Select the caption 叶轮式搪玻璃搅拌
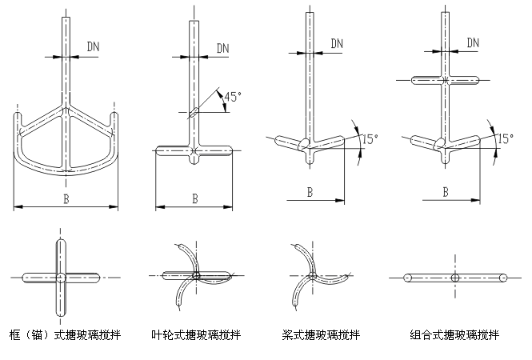point(196,334)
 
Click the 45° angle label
point(232,97)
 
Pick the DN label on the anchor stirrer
point(94,47)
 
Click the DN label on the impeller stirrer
point(223,47)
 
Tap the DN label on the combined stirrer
point(472,42)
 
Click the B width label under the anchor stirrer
point(66,198)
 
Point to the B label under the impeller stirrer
point(194,198)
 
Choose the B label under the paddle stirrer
point(310,191)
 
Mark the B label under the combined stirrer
point(446,191)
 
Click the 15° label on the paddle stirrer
point(370,138)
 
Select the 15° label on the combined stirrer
point(505,138)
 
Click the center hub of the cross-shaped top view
point(61,278)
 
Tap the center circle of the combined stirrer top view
point(454,278)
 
